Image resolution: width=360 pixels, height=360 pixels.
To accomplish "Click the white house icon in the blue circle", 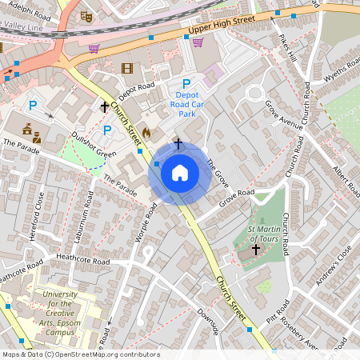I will point(180,172).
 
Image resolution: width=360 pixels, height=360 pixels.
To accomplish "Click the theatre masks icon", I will point(87,15).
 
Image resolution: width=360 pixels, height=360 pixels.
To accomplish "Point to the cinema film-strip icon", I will point(126,68).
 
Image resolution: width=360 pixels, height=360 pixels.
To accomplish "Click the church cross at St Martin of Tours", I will point(255,250).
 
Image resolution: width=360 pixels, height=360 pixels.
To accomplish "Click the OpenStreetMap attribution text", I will point(80,354).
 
